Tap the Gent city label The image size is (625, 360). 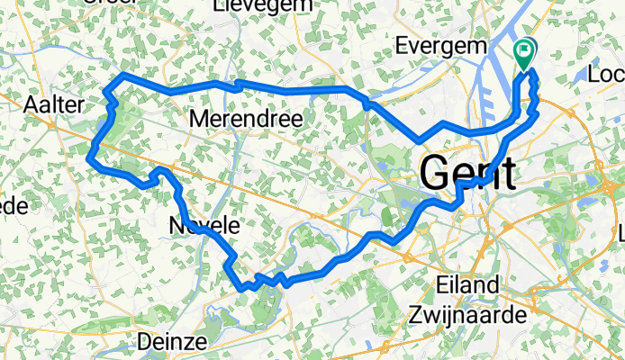click(x=468, y=171)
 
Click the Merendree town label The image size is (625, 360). click(x=246, y=119)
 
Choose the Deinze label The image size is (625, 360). click(x=174, y=342)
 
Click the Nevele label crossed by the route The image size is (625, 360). click(x=204, y=228)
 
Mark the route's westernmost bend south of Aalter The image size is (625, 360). click(x=90, y=159)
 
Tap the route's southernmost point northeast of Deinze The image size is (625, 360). click(x=243, y=288)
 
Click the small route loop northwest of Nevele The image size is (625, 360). click(x=159, y=171)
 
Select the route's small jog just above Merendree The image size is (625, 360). click(x=236, y=85)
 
